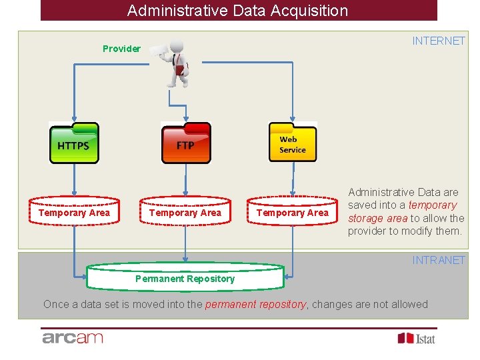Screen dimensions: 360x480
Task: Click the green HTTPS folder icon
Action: tap(73, 143)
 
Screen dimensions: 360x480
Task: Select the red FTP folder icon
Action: tap(186, 143)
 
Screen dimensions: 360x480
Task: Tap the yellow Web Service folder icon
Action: tap(293, 143)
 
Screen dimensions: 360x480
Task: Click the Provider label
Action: tap(121, 49)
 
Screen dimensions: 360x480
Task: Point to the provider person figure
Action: tap(175, 63)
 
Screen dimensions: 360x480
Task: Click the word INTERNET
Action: tap(438, 41)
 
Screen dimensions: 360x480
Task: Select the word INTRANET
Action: tap(438, 260)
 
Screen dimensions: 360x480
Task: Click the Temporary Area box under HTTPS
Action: tap(74, 213)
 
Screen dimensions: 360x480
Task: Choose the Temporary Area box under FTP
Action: tap(185, 213)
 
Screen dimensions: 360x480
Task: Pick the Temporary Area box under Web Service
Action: tap(293, 213)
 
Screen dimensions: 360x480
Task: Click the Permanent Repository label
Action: tap(185, 279)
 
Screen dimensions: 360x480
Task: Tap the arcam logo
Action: tap(73, 338)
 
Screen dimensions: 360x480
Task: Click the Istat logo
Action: tap(417, 338)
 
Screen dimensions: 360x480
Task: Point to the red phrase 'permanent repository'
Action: tap(255, 305)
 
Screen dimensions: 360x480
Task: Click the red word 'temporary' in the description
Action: tap(432, 205)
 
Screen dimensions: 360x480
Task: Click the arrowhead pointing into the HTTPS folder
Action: tap(73, 119)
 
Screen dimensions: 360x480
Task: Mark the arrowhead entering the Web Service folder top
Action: tap(293, 119)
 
